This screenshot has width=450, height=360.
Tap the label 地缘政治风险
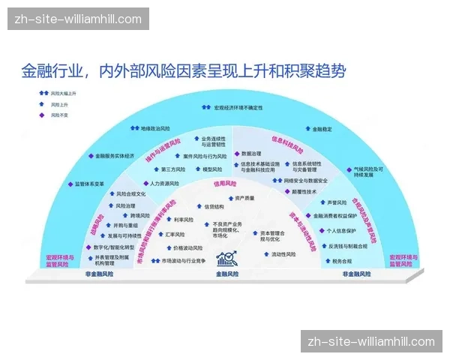point(155,128)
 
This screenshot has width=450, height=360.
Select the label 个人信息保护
point(344,231)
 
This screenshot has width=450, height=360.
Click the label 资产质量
point(244,198)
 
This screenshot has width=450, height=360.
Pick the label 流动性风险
point(283,254)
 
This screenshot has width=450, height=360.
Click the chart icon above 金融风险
point(226,259)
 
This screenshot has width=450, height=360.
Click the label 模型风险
point(213,168)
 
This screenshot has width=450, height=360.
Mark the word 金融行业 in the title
point(49,72)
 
